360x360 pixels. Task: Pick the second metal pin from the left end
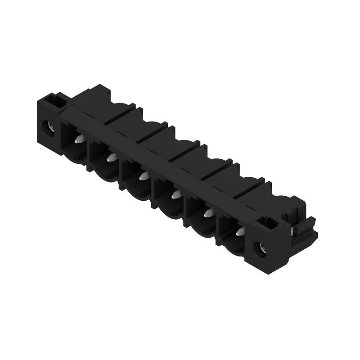point(110,157)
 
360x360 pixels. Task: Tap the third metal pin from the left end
point(144,176)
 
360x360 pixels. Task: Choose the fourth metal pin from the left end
point(176,194)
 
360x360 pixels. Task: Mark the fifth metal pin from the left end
point(208,213)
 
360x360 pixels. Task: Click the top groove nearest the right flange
point(249,189)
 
